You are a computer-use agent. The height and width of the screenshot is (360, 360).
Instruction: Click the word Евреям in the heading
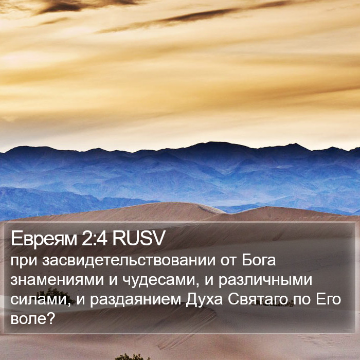click(44, 239)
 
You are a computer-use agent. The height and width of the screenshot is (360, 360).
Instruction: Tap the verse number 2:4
click(94, 238)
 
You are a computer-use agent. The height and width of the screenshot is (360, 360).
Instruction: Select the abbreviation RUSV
click(138, 238)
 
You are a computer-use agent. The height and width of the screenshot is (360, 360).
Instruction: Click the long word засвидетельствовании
click(129, 261)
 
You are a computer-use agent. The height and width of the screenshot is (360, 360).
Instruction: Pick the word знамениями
click(57, 280)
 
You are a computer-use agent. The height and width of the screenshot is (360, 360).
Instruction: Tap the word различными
click(265, 281)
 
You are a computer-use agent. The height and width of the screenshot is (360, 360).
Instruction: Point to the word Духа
click(204, 299)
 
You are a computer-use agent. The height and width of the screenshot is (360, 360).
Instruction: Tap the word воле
click(28, 319)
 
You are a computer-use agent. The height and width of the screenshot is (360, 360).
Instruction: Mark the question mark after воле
click(51, 318)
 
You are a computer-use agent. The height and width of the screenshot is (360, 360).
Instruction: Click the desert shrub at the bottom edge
click(133, 356)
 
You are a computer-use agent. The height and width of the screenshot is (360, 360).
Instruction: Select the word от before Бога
click(228, 261)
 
